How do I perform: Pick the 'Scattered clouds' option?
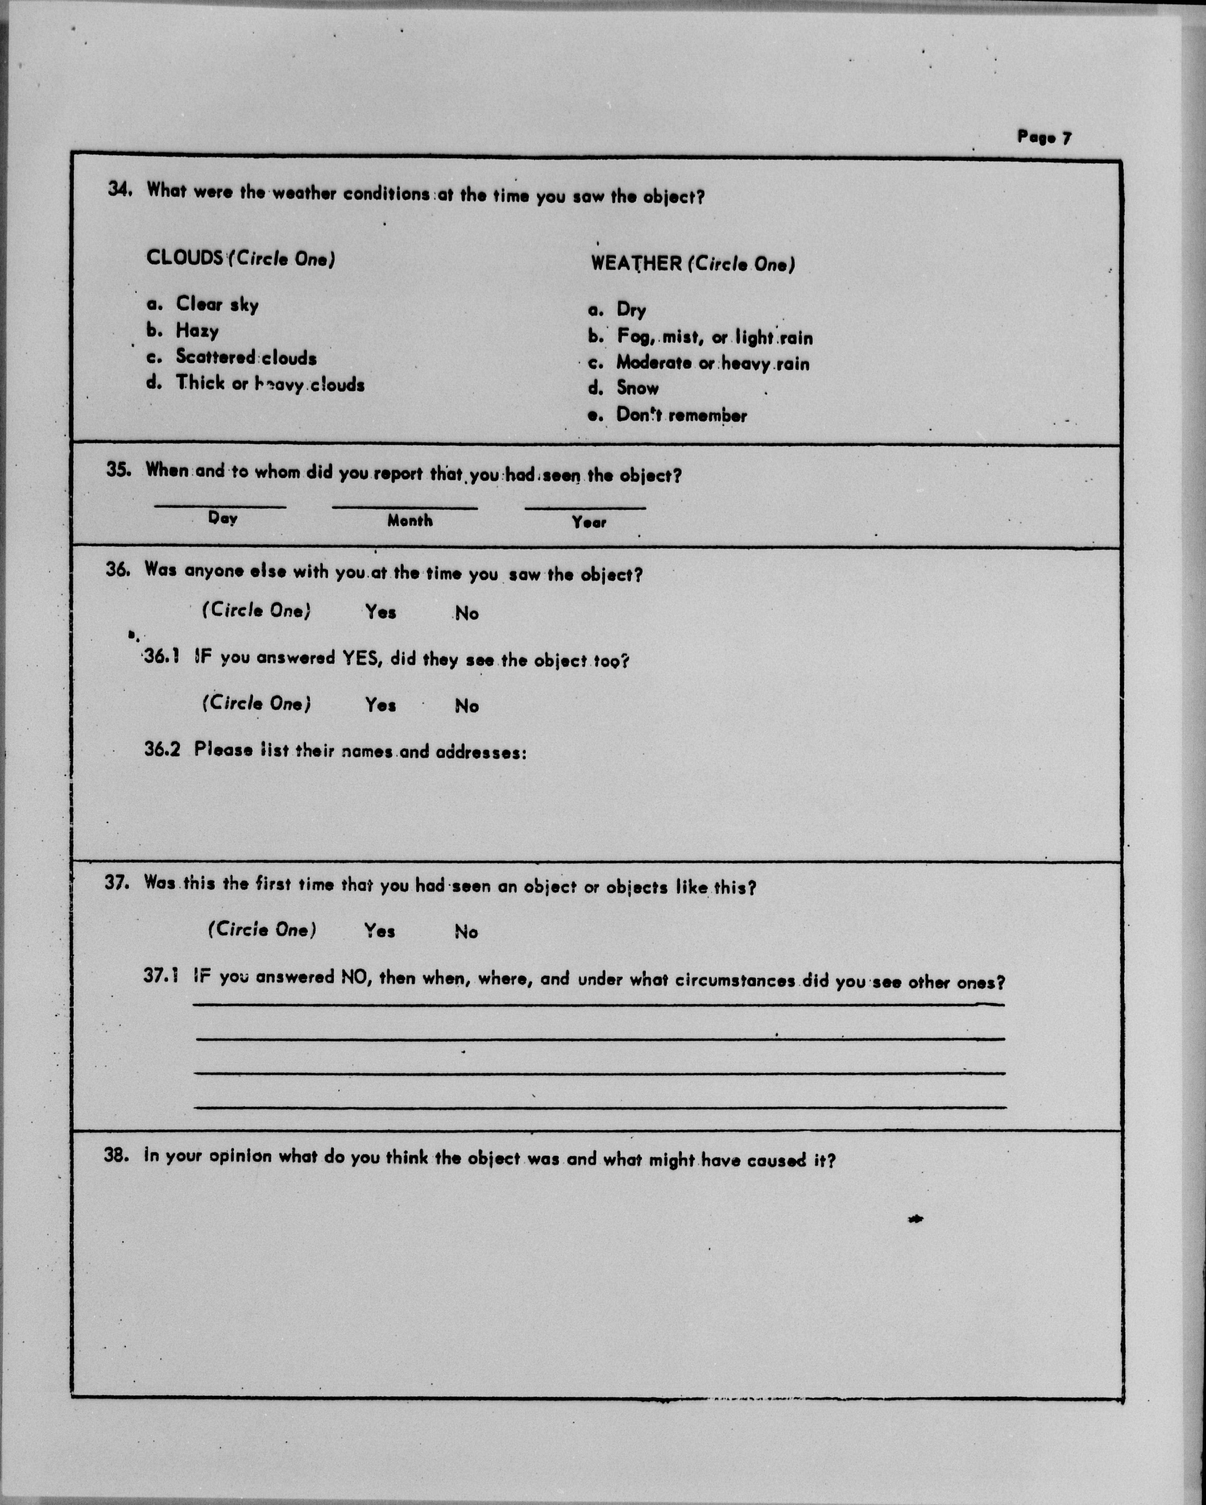(246, 357)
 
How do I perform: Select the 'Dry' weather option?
(631, 309)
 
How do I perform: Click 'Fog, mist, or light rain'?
(714, 337)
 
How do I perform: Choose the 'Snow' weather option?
(637, 388)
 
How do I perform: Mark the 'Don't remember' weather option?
(681, 415)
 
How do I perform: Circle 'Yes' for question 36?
(381, 612)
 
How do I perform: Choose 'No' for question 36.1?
(467, 706)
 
